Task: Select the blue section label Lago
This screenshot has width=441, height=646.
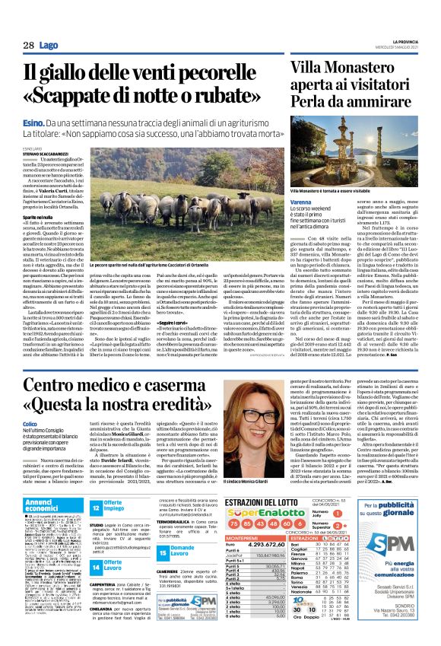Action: (49, 46)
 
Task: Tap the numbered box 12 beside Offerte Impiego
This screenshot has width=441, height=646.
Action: (97, 508)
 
